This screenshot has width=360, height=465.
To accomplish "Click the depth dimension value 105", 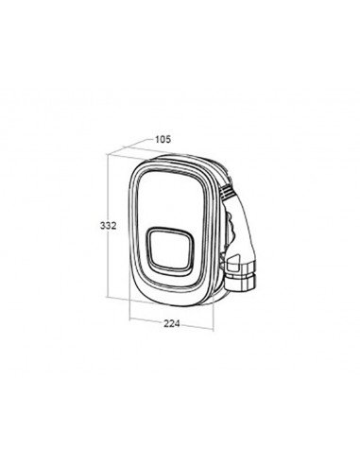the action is [x=163, y=139].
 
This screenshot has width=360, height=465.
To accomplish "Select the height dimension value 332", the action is [x=109, y=226].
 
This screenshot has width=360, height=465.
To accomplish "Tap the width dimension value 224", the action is [x=172, y=323].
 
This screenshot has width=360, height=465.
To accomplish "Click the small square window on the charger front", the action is [x=170, y=250].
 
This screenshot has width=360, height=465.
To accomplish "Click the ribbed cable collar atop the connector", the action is [x=229, y=192].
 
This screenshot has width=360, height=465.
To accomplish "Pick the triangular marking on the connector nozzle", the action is [x=233, y=261].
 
